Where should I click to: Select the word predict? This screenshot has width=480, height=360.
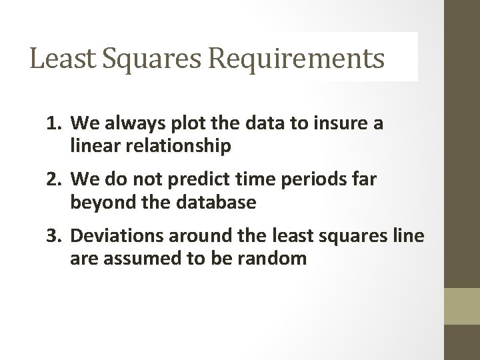click(x=185, y=179)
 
